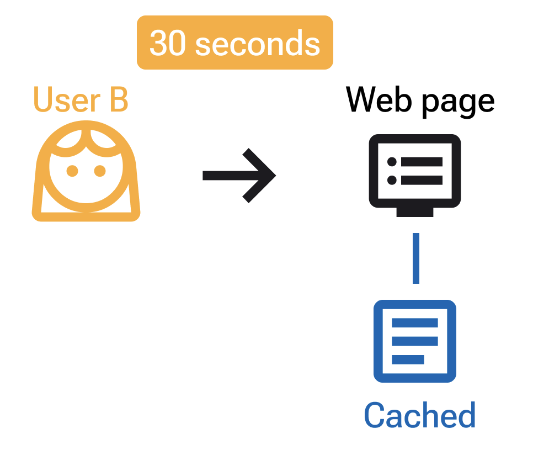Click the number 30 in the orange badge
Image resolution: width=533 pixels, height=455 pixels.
(169, 43)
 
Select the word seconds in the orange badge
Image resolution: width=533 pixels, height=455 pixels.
(258, 43)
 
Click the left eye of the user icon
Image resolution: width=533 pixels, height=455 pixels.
(72, 171)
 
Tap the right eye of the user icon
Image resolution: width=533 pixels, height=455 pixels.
(100, 171)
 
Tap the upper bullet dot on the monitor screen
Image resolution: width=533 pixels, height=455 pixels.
(392, 162)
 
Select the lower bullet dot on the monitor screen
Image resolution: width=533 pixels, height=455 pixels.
(392, 180)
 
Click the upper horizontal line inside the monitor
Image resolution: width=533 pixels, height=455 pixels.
(422, 162)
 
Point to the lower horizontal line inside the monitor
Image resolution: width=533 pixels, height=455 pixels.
(422, 180)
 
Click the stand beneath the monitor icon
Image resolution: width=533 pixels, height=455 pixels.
(415, 211)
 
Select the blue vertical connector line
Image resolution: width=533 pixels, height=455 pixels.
(415, 258)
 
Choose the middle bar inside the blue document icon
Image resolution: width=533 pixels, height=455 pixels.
(415, 341)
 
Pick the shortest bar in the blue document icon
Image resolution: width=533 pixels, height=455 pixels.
(408, 359)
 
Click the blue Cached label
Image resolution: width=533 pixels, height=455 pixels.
(419, 416)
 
